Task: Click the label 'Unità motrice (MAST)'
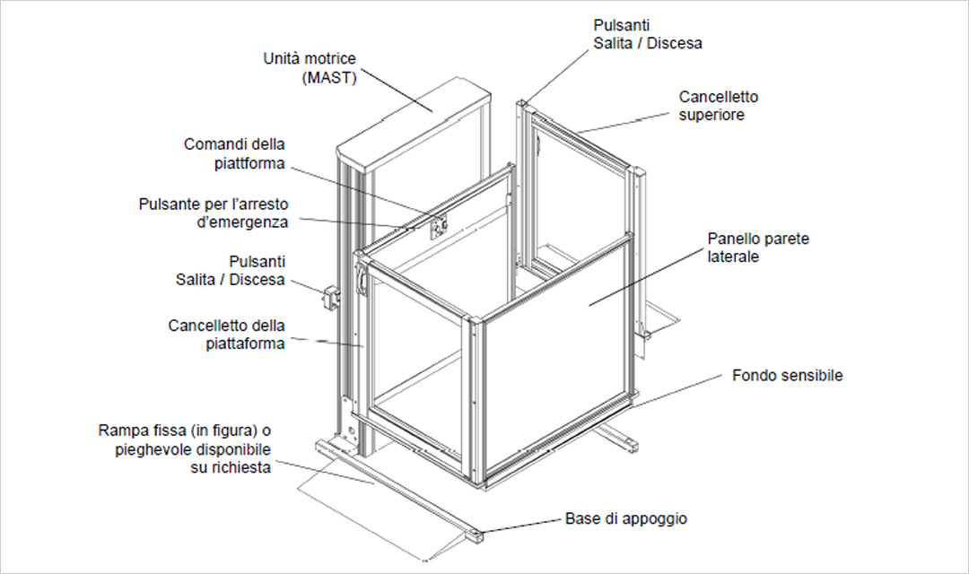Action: [310, 68]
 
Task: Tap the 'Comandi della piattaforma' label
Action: [235, 153]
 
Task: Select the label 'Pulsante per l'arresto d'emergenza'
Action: [214, 213]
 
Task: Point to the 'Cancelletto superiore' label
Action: [719, 106]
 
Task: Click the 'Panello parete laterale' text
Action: [758, 248]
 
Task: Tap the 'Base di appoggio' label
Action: [626, 518]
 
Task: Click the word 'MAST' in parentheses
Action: [329, 78]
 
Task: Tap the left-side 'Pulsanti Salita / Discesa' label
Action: [231, 270]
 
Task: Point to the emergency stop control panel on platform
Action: [438, 228]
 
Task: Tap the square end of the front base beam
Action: [474, 537]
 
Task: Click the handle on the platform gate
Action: [362, 277]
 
